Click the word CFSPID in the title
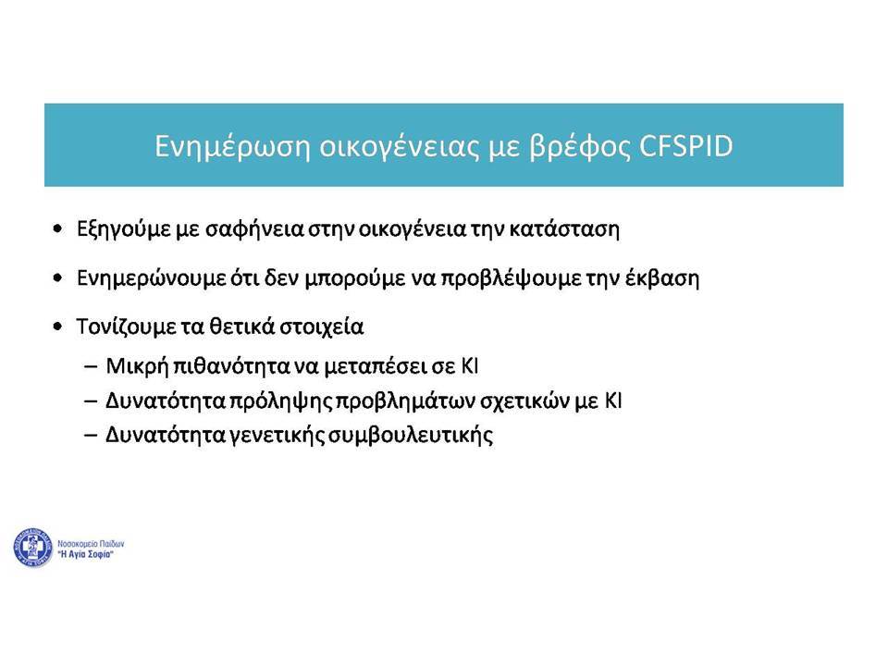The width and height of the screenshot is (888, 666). [x=685, y=145]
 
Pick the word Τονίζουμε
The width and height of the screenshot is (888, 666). [x=126, y=327]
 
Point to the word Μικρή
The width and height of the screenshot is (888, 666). [x=137, y=366]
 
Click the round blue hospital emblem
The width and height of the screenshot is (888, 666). [x=33, y=547]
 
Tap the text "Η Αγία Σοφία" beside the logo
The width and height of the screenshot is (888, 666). [x=85, y=554]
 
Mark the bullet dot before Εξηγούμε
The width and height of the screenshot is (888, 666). [x=57, y=228]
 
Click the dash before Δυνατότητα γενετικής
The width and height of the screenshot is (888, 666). [x=91, y=436]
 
